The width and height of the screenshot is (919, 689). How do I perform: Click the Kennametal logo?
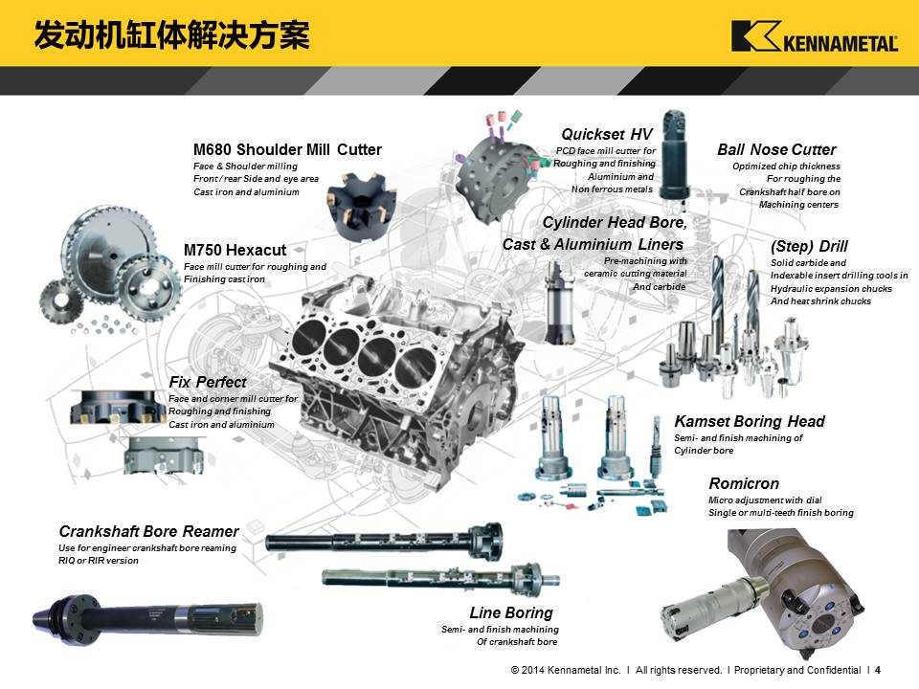pyautogui.click(x=815, y=36)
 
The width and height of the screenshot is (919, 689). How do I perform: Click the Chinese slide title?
pyautogui.click(x=171, y=35)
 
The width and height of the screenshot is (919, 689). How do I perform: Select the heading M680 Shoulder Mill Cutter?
pyautogui.click(x=287, y=149)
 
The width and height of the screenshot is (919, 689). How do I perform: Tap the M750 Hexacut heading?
pyautogui.click(x=235, y=250)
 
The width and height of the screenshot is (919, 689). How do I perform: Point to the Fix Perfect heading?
pyautogui.click(x=208, y=382)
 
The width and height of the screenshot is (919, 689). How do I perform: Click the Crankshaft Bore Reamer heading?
pyautogui.click(x=149, y=531)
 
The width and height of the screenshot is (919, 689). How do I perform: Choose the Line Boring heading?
pyautogui.click(x=511, y=612)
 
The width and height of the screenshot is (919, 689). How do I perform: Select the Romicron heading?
pyautogui.click(x=744, y=483)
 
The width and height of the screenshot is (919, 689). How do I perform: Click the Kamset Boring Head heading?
pyautogui.click(x=750, y=421)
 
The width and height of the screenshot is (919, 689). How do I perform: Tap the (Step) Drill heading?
pyautogui.click(x=810, y=246)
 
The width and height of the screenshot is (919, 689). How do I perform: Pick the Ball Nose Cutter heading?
pyautogui.click(x=776, y=149)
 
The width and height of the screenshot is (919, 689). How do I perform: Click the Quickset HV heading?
pyautogui.click(x=607, y=134)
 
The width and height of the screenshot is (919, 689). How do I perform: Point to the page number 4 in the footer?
pyautogui.click(x=878, y=670)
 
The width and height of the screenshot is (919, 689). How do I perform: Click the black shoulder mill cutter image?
pyautogui.click(x=359, y=205)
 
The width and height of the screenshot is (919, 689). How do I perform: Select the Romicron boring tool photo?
pyautogui.click(x=762, y=591)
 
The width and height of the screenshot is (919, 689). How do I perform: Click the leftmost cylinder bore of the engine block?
pyautogui.click(x=308, y=336)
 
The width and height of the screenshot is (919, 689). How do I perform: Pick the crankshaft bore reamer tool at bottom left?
pyautogui.click(x=147, y=619)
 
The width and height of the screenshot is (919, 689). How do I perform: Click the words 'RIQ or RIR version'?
pyautogui.click(x=99, y=561)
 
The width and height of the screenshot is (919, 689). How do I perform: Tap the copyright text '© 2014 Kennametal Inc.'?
pyautogui.click(x=566, y=670)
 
